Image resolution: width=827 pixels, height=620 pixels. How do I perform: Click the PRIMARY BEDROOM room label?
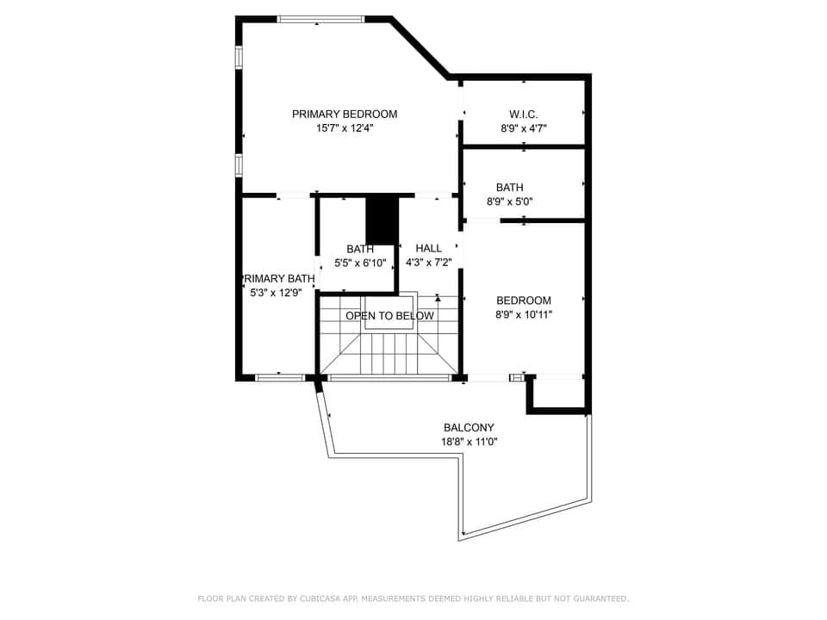(x=345, y=114)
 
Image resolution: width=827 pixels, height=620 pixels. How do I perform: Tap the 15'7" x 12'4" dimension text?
(x=345, y=128)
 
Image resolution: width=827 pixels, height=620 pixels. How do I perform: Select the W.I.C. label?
(x=524, y=114)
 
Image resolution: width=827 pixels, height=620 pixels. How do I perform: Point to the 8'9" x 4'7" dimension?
(x=524, y=128)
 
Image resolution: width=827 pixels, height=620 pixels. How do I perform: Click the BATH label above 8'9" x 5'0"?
(x=509, y=187)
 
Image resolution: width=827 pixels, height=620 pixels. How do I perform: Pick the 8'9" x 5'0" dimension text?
(x=509, y=202)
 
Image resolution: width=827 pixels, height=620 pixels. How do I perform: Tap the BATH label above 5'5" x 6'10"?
(x=360, y=249)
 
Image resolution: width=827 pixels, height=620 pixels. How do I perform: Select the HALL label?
(x=428, y=248)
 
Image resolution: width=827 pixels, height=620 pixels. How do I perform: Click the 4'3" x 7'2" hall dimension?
(x=428, y=263)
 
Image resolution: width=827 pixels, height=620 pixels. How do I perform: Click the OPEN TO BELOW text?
(x=389, y=316)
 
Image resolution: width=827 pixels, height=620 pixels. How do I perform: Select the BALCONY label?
(x=469, y=427)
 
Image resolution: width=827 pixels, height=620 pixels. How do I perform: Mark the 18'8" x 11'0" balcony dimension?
(x=469, y=442)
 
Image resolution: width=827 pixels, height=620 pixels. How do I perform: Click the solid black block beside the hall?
(x=381, y=221)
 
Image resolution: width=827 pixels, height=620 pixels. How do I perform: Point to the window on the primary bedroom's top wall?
(x=320, y=18)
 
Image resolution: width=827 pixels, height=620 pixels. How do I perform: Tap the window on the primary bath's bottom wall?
(x=279, y=376)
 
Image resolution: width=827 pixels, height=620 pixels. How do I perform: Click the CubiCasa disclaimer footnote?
(x=413, y=598)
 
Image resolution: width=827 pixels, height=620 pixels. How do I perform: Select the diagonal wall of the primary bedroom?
(x=420, y=47)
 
